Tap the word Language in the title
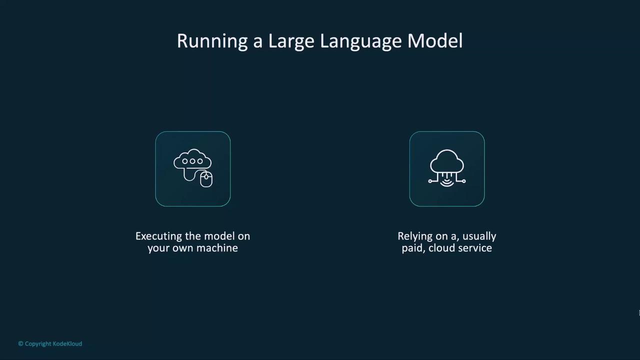361,42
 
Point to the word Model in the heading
435,41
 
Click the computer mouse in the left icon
206,179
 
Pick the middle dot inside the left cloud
192,161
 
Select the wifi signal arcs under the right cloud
447,183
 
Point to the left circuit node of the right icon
430,181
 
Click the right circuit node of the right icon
463,181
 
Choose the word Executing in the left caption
158,236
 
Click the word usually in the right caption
479,236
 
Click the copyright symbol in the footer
20,343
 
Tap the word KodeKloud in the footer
67,343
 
